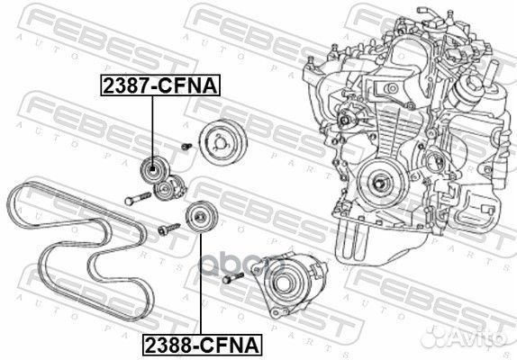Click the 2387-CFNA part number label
coord(153,87)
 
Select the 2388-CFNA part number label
coord(201,344)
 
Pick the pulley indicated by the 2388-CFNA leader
coord(198,217)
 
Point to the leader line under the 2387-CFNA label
coord(153,126)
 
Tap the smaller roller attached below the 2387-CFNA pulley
coord(165,189)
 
